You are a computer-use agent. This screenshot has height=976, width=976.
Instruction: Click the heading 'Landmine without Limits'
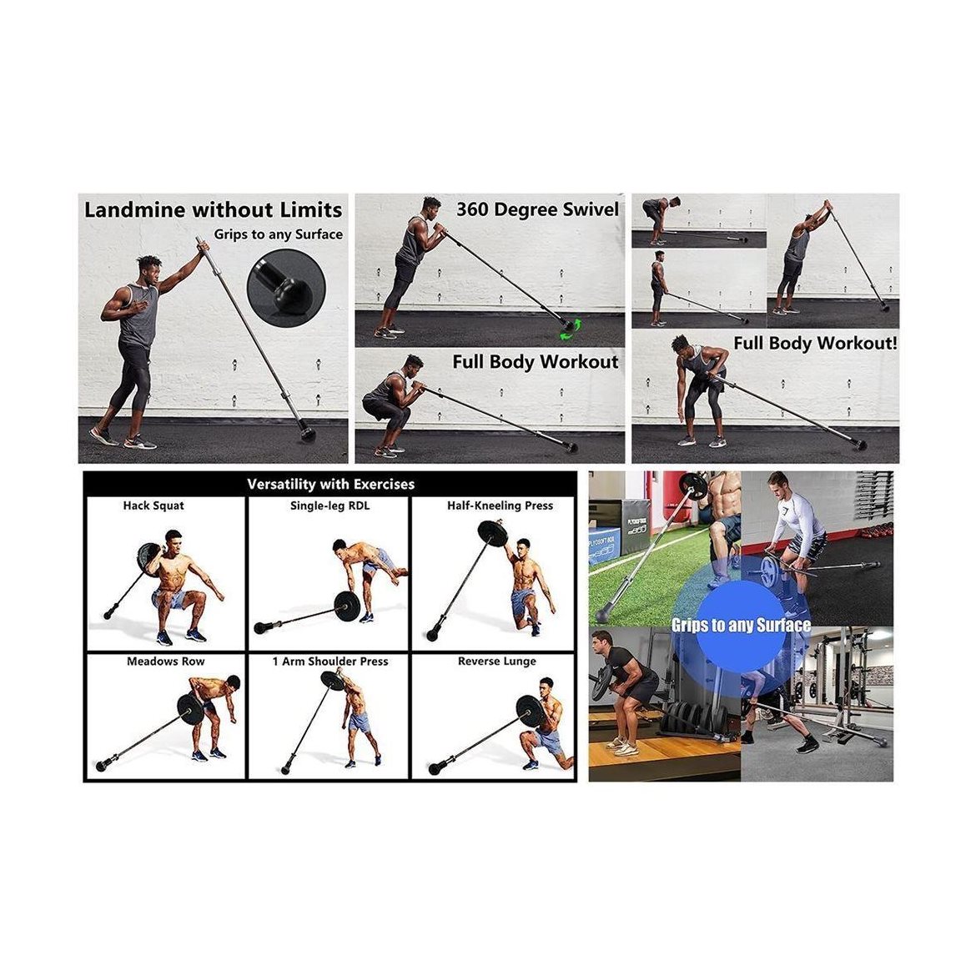coord(213,209)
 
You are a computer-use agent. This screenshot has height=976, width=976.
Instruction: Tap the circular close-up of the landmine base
coord(285,288)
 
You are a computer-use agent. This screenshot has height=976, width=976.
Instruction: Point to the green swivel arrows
coord(571,330)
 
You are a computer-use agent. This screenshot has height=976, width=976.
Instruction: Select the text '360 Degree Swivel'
coord(537,209)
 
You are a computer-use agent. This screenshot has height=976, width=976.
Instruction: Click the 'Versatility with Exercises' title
coord(330,484)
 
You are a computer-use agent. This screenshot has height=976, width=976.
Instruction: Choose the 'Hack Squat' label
coord(153,506)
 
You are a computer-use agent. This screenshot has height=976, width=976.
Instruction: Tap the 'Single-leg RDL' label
coord(330,506)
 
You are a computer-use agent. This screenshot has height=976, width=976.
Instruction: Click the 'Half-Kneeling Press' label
coord(500,506)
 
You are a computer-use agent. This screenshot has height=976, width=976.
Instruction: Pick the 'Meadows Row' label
coord(165,661)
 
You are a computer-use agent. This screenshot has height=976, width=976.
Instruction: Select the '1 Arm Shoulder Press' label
coord(330,661)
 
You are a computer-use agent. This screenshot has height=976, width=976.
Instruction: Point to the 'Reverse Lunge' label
coord(496,661)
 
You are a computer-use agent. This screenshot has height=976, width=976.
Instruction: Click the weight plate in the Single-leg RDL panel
coord(347,605)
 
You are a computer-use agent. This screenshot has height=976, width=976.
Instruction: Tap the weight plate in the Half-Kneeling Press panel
coord(493,534)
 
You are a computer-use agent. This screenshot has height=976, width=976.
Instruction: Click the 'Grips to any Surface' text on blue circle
coord(741,625)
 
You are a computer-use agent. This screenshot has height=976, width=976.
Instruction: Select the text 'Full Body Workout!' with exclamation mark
coord(815,343)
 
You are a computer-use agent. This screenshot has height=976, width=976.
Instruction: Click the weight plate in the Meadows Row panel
coord(190,708)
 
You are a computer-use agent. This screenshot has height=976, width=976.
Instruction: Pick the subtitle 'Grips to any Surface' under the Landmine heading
coord(279,234)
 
